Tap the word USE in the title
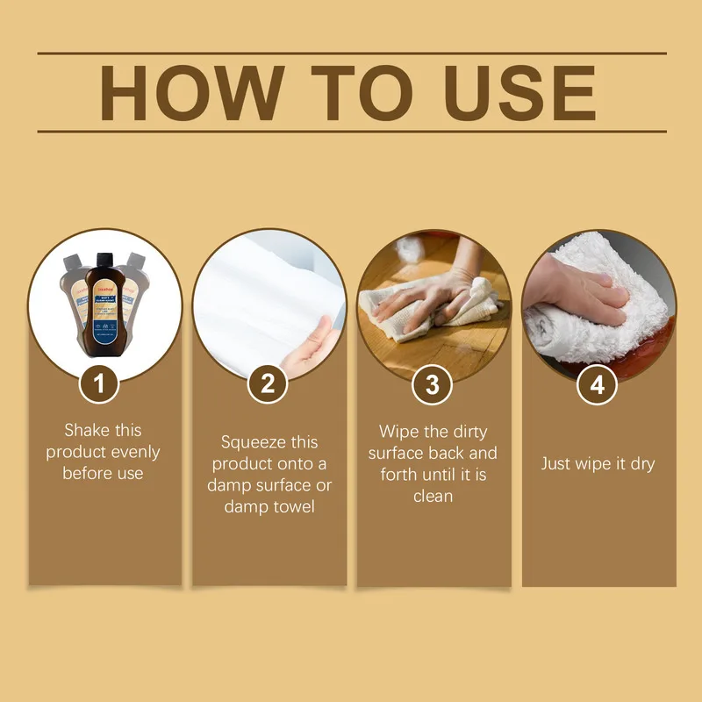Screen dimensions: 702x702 (x=511, y=92)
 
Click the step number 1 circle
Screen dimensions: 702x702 (x=104, y=384)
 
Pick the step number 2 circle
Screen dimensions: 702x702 (x=268, y=384)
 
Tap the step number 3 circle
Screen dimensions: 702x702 (x=433, y=384)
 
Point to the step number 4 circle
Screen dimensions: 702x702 (x=598, y=384)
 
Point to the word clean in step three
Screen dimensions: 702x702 (x=433, y=496)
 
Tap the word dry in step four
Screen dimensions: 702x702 (x=641, y=463)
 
